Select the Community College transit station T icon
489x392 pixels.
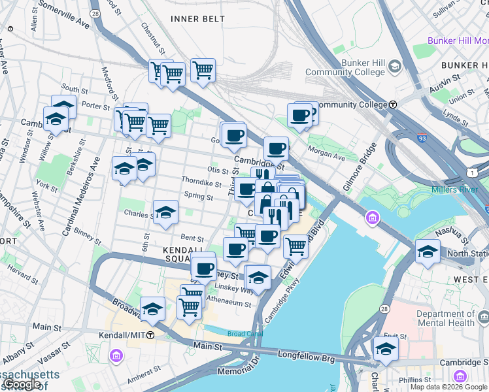click(393, 105)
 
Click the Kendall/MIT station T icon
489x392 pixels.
click(150, 335)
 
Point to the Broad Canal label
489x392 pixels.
click(244, 334)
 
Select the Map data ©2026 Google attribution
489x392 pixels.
click(448, 387)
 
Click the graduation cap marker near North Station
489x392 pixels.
click(428, 252)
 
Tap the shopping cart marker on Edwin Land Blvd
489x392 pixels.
click(295, 247)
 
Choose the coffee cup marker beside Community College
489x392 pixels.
click(300, 116)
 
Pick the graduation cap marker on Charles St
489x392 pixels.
click(166, 212)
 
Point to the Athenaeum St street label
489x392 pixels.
click(229, 304)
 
